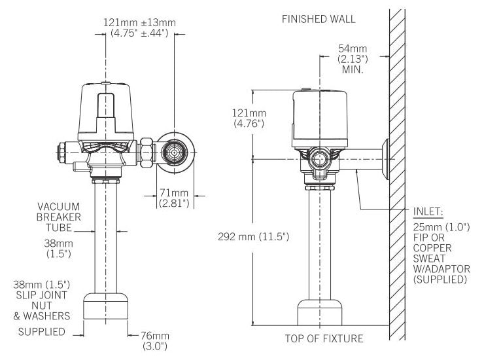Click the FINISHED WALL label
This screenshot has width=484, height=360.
(319, 19)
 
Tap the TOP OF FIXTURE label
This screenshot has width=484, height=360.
(324, 338)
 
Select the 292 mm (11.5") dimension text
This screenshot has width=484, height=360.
(253, 237)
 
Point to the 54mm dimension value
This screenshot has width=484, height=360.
(353, 48)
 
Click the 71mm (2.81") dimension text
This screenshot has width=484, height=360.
(174, 198)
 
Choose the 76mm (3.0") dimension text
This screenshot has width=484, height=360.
(155, 341)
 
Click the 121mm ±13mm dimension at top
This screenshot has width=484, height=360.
(139, 22)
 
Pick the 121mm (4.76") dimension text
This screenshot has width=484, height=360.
(249, 118)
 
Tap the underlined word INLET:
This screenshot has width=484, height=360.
(428, 212)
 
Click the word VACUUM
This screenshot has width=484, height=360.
(59, 206)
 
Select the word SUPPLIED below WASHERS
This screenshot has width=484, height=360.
(42, 332)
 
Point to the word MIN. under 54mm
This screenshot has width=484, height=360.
(353, 69)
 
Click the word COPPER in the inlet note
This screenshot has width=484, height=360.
(432, 248)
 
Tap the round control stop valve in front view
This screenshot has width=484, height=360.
(175, 153)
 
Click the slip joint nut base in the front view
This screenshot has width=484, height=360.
(106, 306)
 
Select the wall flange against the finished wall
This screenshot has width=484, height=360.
(385, 159)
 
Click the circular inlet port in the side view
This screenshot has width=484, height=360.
(320, 160)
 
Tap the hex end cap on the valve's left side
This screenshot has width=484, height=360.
(61, 153)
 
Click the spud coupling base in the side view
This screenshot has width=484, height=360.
(320, 312)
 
